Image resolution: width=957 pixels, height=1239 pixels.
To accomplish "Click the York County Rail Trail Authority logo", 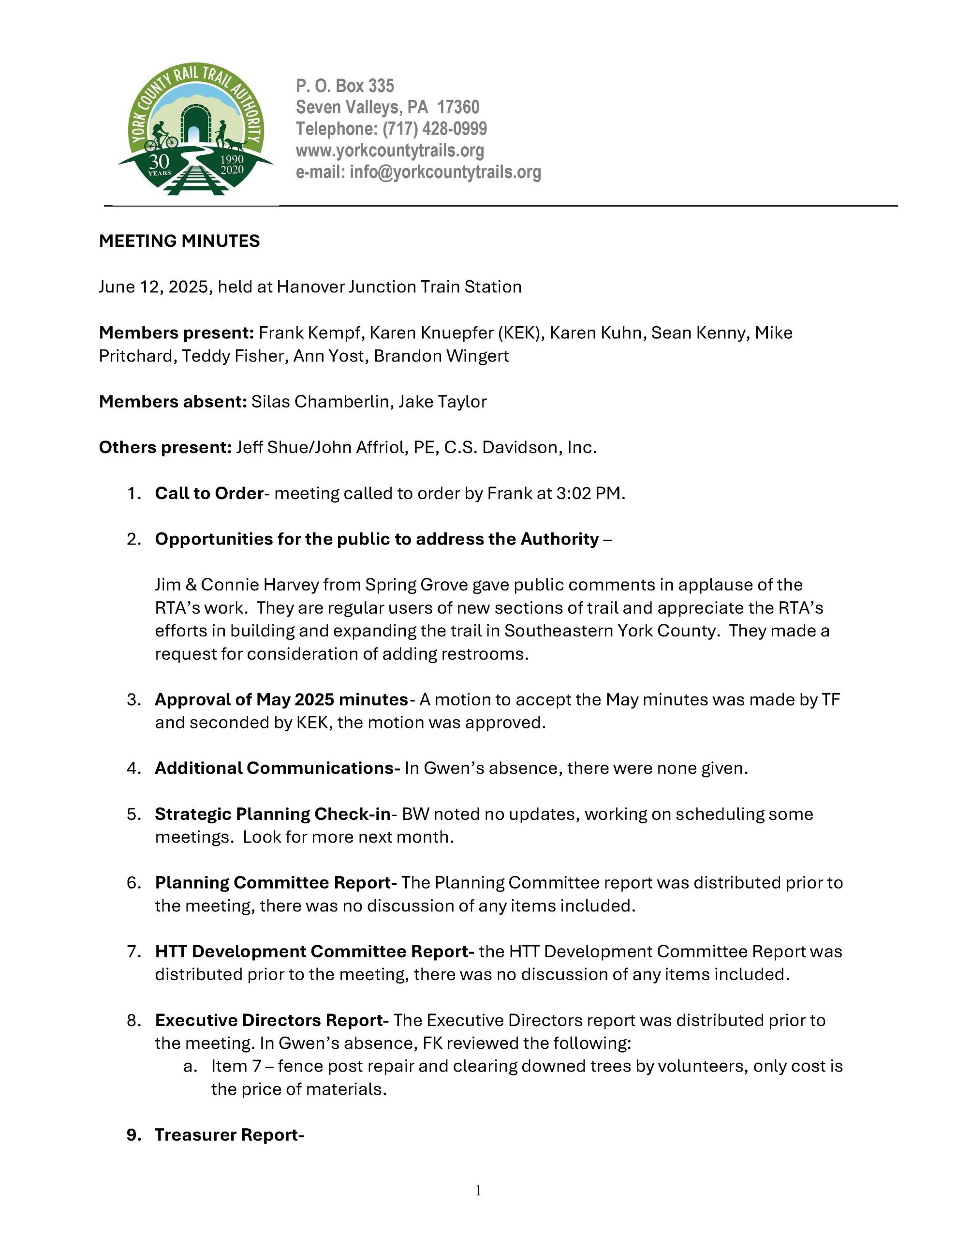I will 195,129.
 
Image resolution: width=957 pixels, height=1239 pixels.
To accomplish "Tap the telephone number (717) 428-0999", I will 434,129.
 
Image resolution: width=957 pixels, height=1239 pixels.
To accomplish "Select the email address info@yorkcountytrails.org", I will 445,172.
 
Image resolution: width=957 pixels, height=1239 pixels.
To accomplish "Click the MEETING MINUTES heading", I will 179,241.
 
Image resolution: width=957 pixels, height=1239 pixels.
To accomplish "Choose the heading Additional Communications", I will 277,768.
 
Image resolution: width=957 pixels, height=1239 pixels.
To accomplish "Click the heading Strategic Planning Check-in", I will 273,814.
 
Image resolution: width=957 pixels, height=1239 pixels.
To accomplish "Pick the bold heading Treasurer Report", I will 229,1134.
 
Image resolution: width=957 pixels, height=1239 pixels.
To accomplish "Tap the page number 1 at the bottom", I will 478,1191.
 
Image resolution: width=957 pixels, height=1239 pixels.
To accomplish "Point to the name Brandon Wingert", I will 441,356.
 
